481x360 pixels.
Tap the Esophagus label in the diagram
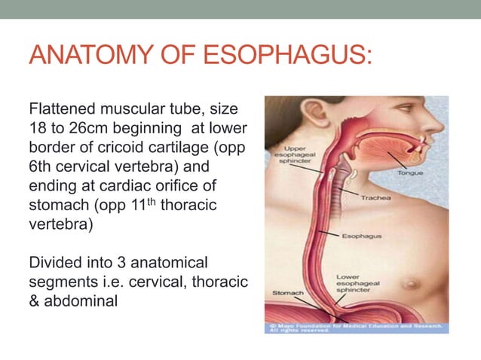361,236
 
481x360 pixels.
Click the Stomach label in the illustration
287,292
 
